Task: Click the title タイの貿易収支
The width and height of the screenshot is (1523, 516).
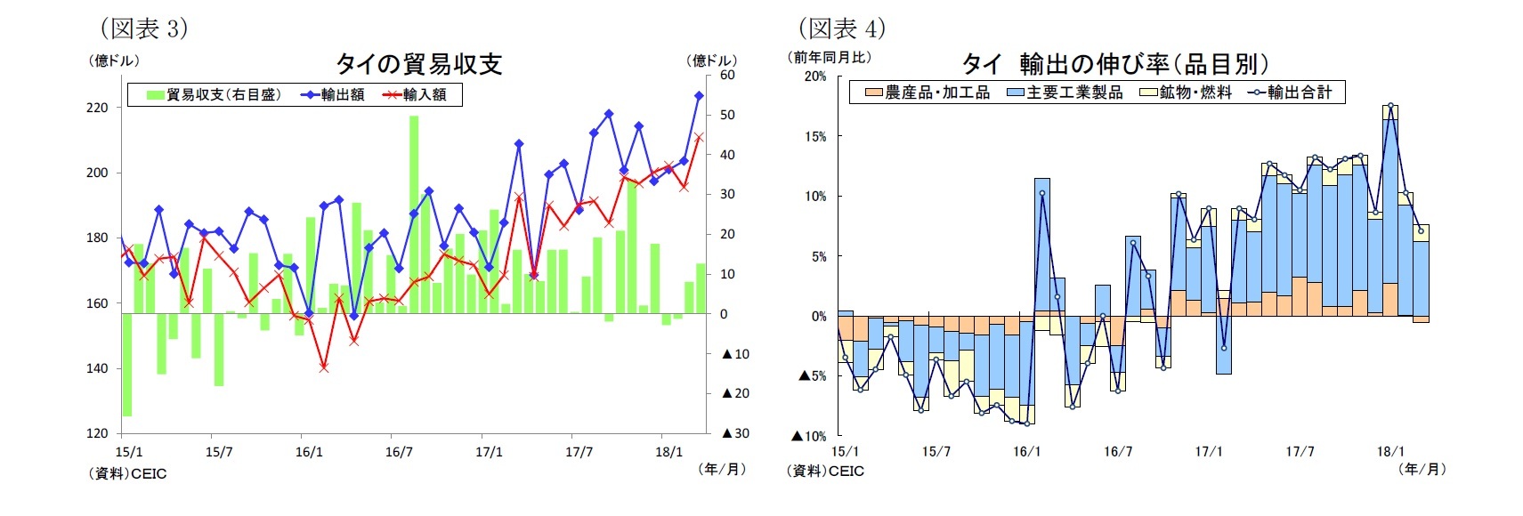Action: pyautogui.click(x=418, y=64)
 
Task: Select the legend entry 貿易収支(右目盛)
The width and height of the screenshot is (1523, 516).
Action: pyautogui.click(x=214, y=94)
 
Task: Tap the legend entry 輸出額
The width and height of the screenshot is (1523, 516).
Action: pyautogui.click(x=333, y=94)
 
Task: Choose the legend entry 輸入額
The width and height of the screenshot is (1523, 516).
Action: pyautogui.click(x=415, y=94)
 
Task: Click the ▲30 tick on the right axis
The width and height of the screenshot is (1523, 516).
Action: pyautogui.click(x=735, y=433)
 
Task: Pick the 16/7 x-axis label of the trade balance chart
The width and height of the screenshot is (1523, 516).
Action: pyautogui.click(x=399, y=452)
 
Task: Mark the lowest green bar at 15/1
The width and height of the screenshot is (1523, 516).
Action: pyautogui.click(x=127, y=365)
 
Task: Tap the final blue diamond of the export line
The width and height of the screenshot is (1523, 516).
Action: pyautogui.click(x=699, y=95)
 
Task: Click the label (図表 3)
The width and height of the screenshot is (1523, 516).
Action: pyautogui.click(x=143, y=28)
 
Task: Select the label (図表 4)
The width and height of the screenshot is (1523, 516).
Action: pyautogui.click(x=841, y=28)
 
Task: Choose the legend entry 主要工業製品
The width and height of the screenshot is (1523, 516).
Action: pyautogui.click(x=1065, y=93)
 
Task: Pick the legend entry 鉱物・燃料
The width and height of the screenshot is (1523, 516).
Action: pyautogui.click(x=1187, y=93)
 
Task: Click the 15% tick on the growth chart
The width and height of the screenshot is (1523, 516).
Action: pyautogui.click(x=815, y=137)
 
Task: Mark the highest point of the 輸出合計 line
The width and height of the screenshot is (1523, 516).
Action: pyautogui.click(x=1390, y=105)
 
